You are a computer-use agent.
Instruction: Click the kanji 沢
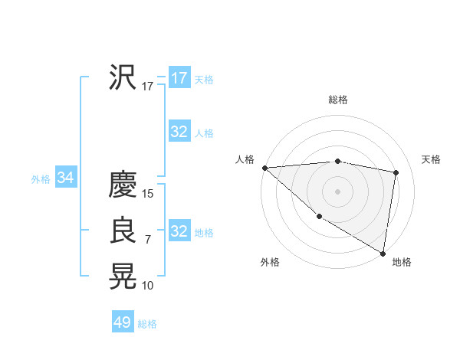point(123,77)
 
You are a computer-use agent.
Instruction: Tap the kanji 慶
point(123,184)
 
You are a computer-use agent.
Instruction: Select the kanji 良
point(123,231)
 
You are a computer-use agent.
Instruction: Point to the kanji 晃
point(123,276)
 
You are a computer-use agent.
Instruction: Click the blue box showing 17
point(179,78)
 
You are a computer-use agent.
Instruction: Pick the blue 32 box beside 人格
point(179,132)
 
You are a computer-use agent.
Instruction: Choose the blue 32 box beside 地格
point(179,231)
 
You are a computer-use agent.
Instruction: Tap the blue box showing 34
point(66,178)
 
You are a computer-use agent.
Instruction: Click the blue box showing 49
point(123,322)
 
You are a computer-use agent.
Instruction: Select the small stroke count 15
point(148,194)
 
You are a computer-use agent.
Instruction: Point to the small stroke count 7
point(148,241)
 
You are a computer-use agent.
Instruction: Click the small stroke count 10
point(148,286)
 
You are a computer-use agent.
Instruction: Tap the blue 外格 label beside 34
point(41,179)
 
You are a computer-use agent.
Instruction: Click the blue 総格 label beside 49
point(147,324)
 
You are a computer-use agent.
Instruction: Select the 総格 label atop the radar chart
point(338,100)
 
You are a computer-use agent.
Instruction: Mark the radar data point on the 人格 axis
point(264,168)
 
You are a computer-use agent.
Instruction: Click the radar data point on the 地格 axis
point(383,253)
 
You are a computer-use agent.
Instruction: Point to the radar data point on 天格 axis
point(396,172)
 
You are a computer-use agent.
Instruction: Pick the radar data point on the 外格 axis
point(319,217)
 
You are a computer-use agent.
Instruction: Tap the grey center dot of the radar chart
point(338,191)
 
